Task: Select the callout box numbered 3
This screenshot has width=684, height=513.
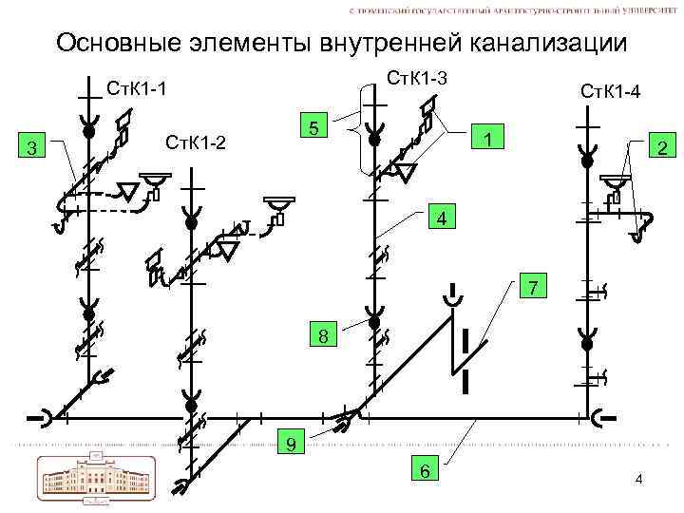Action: [33, 147]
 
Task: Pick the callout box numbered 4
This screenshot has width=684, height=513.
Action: [440, 218]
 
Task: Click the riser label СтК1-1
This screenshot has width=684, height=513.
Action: [137, 90]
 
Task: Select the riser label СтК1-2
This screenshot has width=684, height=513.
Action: [197, 142]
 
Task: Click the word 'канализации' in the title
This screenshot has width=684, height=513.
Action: [548, 44]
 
